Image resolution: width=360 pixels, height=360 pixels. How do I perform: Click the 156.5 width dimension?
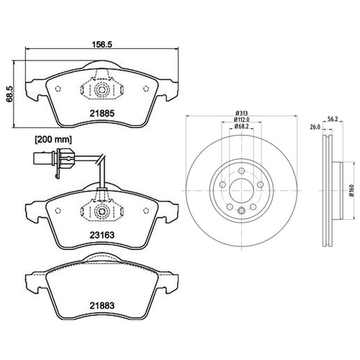click(102, 44)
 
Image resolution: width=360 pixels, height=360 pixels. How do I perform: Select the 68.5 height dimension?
click(10, 94)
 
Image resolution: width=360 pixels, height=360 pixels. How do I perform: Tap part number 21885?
click(102, 113)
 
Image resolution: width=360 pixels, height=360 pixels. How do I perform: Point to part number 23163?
click(102, 235)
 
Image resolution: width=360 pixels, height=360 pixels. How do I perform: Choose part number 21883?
click(102, 305)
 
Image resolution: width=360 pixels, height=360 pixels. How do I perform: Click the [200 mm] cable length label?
click(53, 140)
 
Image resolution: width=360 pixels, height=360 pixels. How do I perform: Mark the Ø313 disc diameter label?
click(242, 113)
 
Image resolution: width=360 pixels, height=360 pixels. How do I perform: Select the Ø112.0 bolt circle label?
click(242, 120)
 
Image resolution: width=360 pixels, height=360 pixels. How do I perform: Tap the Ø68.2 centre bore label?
click(242, 126)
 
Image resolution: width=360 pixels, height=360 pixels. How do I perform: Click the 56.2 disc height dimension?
click(333, 119)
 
